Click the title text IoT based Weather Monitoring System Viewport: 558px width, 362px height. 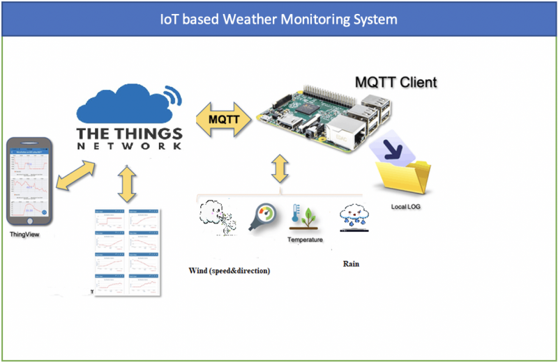[x=278, y=19]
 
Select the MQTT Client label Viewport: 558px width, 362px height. [x=395, y=82]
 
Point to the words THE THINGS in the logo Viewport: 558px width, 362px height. [x=129, y=133]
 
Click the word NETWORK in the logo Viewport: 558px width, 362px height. [x=129, y=147]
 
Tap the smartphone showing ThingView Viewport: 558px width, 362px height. [x=31, y=180]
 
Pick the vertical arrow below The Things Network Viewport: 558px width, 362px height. [x=126, y=183]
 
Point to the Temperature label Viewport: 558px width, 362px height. [x=306, y=239]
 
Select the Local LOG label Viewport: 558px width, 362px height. [x=405, y=207]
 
